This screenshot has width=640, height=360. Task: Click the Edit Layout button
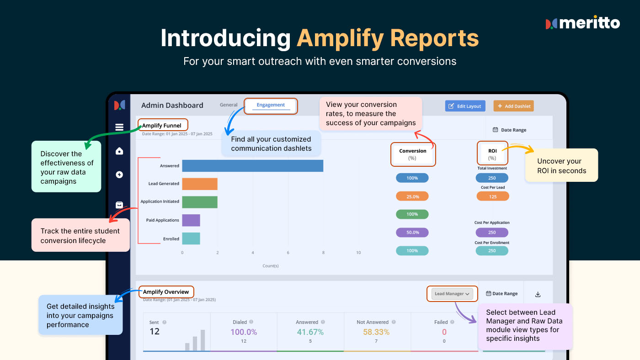(465, 106)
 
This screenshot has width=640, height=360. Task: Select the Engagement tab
(271, 105)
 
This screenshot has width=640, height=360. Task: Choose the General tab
(228, 105)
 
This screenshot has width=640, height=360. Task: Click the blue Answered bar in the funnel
(252, 166)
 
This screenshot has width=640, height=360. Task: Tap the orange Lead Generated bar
(200, 184)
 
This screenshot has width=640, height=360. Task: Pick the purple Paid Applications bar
(191, 220)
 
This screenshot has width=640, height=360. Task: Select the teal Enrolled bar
(191, 238)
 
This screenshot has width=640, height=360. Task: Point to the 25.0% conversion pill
(412, 196)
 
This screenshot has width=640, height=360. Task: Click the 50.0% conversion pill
(412, 233)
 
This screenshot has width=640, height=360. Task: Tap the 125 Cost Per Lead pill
(493, 196)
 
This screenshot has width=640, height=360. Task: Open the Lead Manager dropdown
(452, 293)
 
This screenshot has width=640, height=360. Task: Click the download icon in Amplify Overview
(538, 294)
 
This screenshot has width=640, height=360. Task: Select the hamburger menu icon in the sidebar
(119, 127)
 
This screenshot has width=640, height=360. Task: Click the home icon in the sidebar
(119, 151)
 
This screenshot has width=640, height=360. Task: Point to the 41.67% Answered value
(310, 332)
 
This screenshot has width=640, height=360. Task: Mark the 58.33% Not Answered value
(376, 332)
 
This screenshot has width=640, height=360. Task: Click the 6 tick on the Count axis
(288, 253)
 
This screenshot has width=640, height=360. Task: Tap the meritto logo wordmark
(590, 22)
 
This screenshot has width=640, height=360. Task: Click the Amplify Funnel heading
(161, 126)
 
